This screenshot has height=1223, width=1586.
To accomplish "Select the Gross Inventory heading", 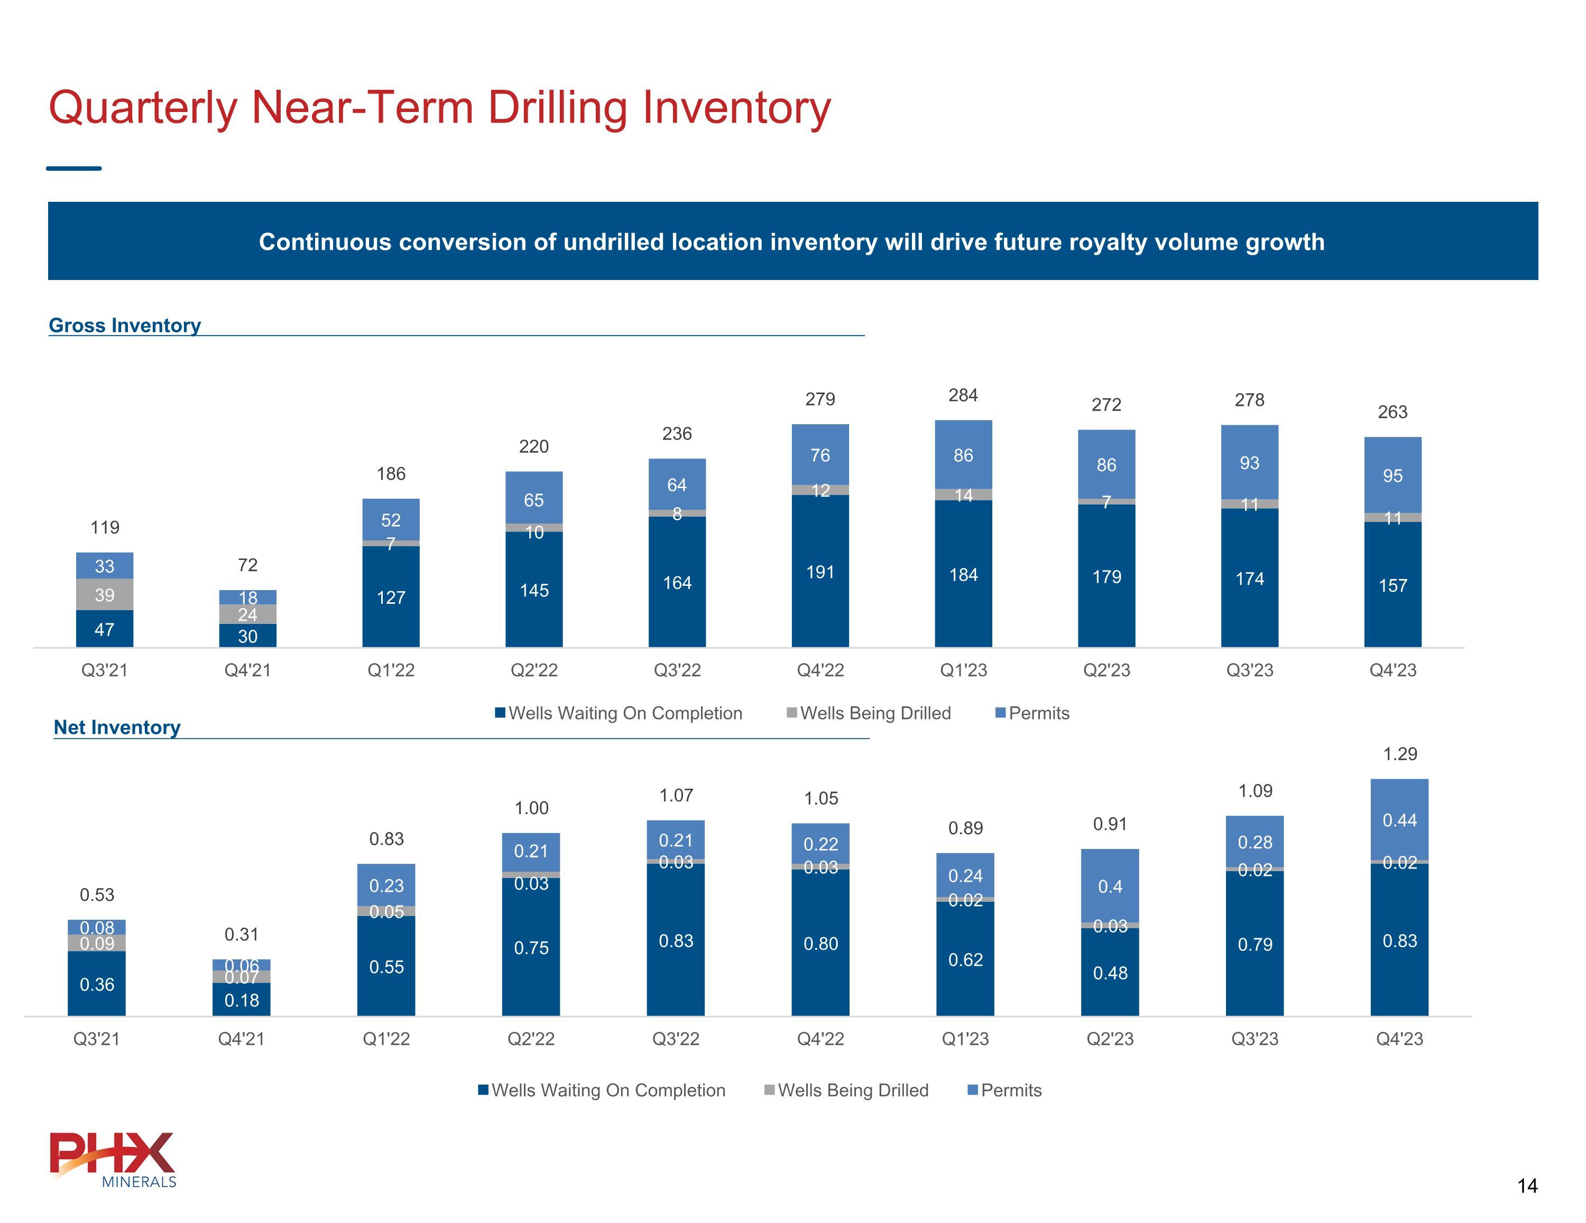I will click(124, 325).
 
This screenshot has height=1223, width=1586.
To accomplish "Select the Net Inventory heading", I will click(117, 727).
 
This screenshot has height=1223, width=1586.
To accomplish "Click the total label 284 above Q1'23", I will click(963, 396).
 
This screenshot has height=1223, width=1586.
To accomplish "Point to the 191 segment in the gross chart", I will click(820, 572).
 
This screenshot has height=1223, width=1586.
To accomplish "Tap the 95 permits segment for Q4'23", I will click(1392, 475).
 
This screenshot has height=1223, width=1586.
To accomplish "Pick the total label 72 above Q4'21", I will click(247, 565).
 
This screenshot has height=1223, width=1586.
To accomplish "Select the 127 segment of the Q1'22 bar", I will click(391, 598).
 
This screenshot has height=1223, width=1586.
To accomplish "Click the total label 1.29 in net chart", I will click(1399, 754).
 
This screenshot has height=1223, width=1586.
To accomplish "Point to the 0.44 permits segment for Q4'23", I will click(1399, 820).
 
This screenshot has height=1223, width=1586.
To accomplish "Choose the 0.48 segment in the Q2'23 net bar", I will click(1110, 973).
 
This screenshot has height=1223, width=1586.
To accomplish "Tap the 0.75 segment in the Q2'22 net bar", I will click(531, 947).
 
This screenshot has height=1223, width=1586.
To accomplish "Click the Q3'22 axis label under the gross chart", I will click(677, 670).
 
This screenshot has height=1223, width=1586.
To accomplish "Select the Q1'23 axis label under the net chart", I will click(965, 1039).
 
